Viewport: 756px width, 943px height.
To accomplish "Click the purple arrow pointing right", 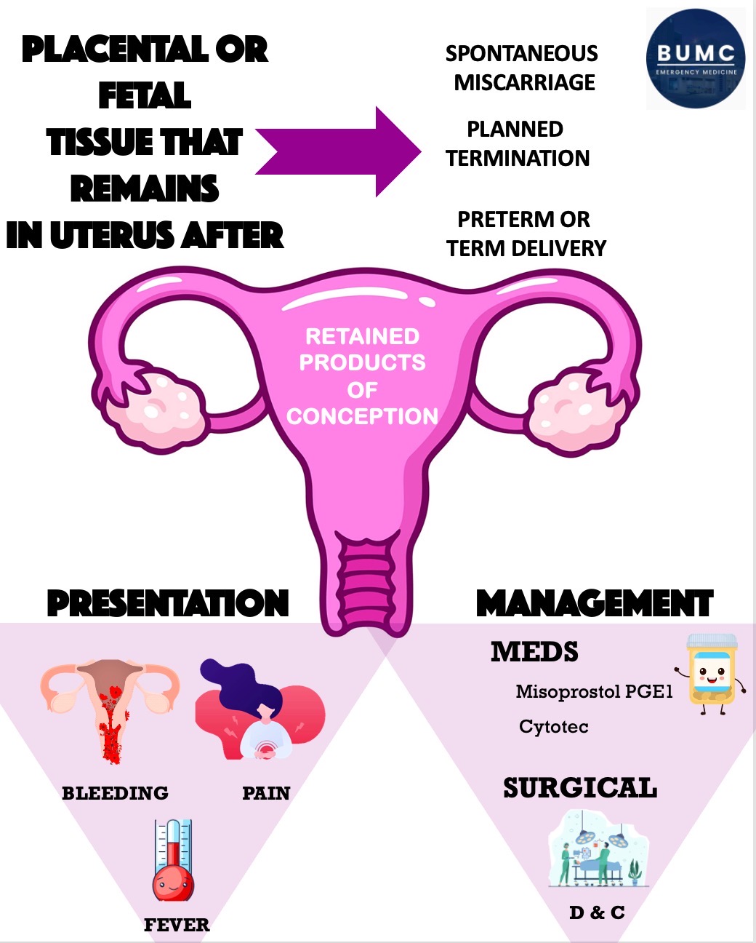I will point(339,151).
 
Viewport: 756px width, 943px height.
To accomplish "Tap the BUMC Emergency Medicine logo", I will point(695,59).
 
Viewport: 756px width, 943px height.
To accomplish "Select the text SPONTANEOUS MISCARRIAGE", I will point(523,68).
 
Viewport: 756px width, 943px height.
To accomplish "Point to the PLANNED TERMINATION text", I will point(517,143).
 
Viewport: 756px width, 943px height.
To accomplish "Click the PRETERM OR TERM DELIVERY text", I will point(526,234).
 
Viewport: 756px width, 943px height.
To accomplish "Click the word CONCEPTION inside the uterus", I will point(362,416).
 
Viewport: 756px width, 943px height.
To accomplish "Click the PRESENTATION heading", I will point(168,603).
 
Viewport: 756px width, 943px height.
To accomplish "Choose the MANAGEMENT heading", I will point(595,603).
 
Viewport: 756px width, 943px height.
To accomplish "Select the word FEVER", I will point(177,926).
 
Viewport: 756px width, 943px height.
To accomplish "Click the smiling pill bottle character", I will point(712,673).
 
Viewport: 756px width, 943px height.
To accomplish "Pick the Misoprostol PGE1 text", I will point(595,691).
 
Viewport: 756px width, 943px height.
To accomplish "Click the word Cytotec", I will point(553,726).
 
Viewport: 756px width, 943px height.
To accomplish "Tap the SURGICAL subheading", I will point(580,788).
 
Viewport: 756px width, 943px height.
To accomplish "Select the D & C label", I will point(597,912).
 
